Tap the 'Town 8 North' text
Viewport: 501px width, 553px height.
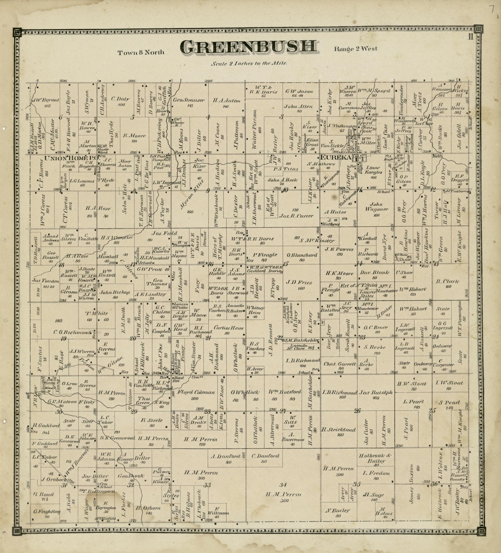click(141, 53)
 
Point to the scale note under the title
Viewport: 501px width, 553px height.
click(249, 63)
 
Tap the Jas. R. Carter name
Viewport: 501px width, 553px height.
click(296, 216)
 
